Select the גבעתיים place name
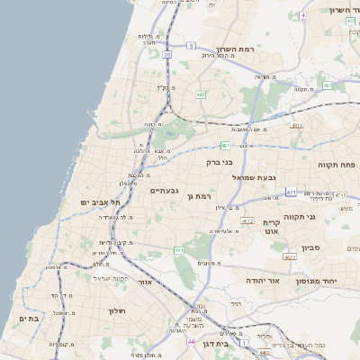(x=164, y=190)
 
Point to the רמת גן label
(x=198, y=195)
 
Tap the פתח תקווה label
(x=337, y=166)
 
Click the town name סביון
(x=311, y=247)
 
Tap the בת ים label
(x=29, y=319)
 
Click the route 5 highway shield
(x=191, y=45)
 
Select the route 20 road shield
(x=167, y=54)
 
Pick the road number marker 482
(x=201, y=94)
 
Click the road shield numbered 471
(x=291, y=192)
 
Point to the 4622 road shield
(x=290, y=256)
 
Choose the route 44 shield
(x=191, y=342)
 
